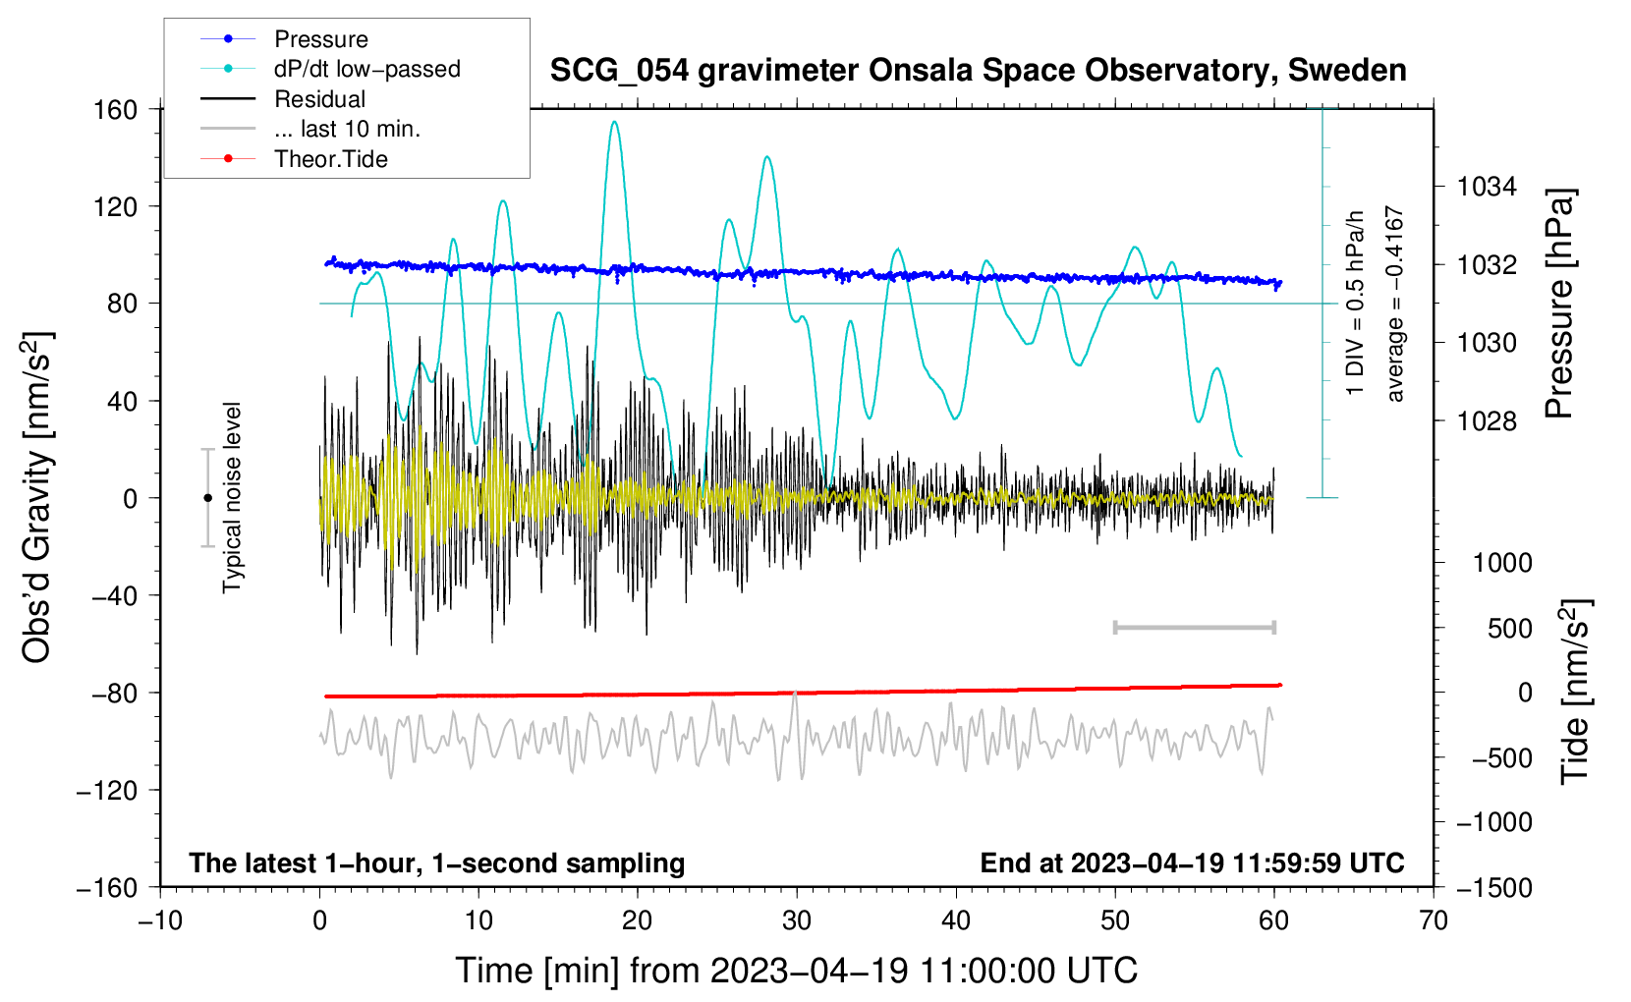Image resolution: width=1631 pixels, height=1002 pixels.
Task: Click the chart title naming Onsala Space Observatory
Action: pos(978,71)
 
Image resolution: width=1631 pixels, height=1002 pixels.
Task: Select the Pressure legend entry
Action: pos(320,39)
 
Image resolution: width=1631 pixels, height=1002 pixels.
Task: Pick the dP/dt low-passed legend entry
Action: pos(366,69)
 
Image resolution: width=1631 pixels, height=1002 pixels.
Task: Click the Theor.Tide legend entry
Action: pos(330,159)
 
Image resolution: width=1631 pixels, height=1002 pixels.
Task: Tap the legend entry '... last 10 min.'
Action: pos(347,129)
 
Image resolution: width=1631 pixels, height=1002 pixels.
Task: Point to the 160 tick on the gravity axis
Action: pos(116,109)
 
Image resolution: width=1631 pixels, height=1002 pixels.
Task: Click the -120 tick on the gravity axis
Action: pos(107,790)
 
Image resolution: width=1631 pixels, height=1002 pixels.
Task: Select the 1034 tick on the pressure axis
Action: pos(1487,187)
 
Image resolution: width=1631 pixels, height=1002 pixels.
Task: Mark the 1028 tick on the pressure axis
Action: pos(1487,421)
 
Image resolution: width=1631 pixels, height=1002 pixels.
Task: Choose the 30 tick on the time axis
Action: pos(797,920)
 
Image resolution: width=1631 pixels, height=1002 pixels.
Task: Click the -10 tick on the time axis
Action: pos(160,920)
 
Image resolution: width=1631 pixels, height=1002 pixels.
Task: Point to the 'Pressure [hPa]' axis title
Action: pos(1559,305)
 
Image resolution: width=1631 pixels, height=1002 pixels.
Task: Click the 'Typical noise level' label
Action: pos(232,497)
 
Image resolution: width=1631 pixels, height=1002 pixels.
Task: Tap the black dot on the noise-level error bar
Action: pos(207,498)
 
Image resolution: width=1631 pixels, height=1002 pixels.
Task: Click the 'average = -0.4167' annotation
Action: pos(1395,305)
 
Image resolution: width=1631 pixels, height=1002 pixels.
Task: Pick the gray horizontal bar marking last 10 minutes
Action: pos(1194,627)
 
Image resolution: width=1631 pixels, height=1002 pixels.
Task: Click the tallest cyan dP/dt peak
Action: pos(614,123)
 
